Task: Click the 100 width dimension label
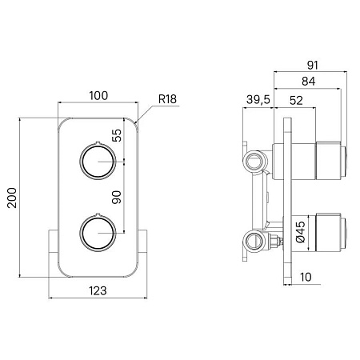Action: point(98,96)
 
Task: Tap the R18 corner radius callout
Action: point(167,99)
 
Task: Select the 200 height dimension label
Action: point(12,198)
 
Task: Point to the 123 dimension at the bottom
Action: point(98,290)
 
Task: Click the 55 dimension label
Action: point(117,135)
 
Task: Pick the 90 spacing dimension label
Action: point(116,198)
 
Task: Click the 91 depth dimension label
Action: point(313,66)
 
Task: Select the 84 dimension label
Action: point(308,82)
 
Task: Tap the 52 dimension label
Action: point(296,101)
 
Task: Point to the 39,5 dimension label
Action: point(258,100)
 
